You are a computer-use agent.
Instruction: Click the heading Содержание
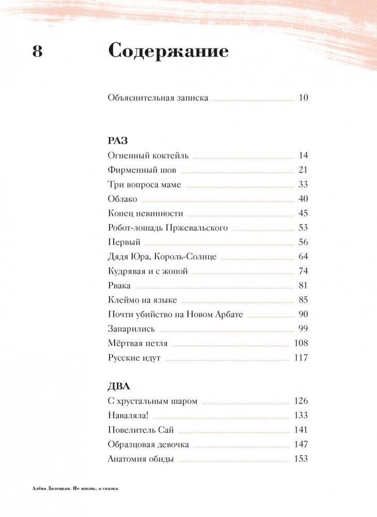click(x=168, y=53)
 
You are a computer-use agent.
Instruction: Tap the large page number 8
click(x=37, y=52)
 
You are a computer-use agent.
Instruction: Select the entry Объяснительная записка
click(x=159, y=98)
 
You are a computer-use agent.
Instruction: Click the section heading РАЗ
click(x=118, y=141)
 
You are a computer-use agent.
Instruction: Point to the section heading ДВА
click(x=119, y=386)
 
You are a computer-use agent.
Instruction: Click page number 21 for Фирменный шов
click(x=303, y=170)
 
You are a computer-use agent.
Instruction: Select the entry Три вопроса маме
click(x=145, y=184)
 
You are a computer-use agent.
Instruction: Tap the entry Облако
click(x=122, y=199)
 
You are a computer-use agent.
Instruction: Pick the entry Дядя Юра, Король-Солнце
click(x=162, y=257)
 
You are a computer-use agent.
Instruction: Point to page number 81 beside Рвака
click(x=303, y=286)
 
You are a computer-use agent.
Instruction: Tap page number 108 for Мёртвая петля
click(x=301, y=343)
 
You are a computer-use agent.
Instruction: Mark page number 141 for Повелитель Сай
click(x=301, y=430)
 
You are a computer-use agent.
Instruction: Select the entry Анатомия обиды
click(x=141, y=459)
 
